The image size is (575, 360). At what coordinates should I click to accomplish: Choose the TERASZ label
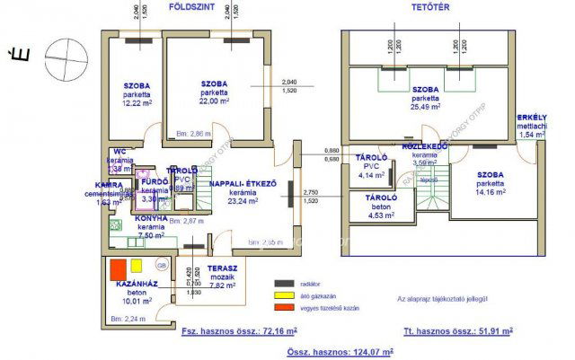click(x=222, y=268)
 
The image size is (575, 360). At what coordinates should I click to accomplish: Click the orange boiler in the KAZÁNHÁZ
click(x=118, y=268)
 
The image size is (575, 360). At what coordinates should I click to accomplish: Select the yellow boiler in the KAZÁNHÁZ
click(x=136, y=266)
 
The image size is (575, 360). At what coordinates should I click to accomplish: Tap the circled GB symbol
click(x=162, y=267)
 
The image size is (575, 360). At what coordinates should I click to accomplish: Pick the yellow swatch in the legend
click(x=285, y=295)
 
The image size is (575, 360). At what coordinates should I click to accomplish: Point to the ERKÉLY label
click(x=532, y=118)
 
